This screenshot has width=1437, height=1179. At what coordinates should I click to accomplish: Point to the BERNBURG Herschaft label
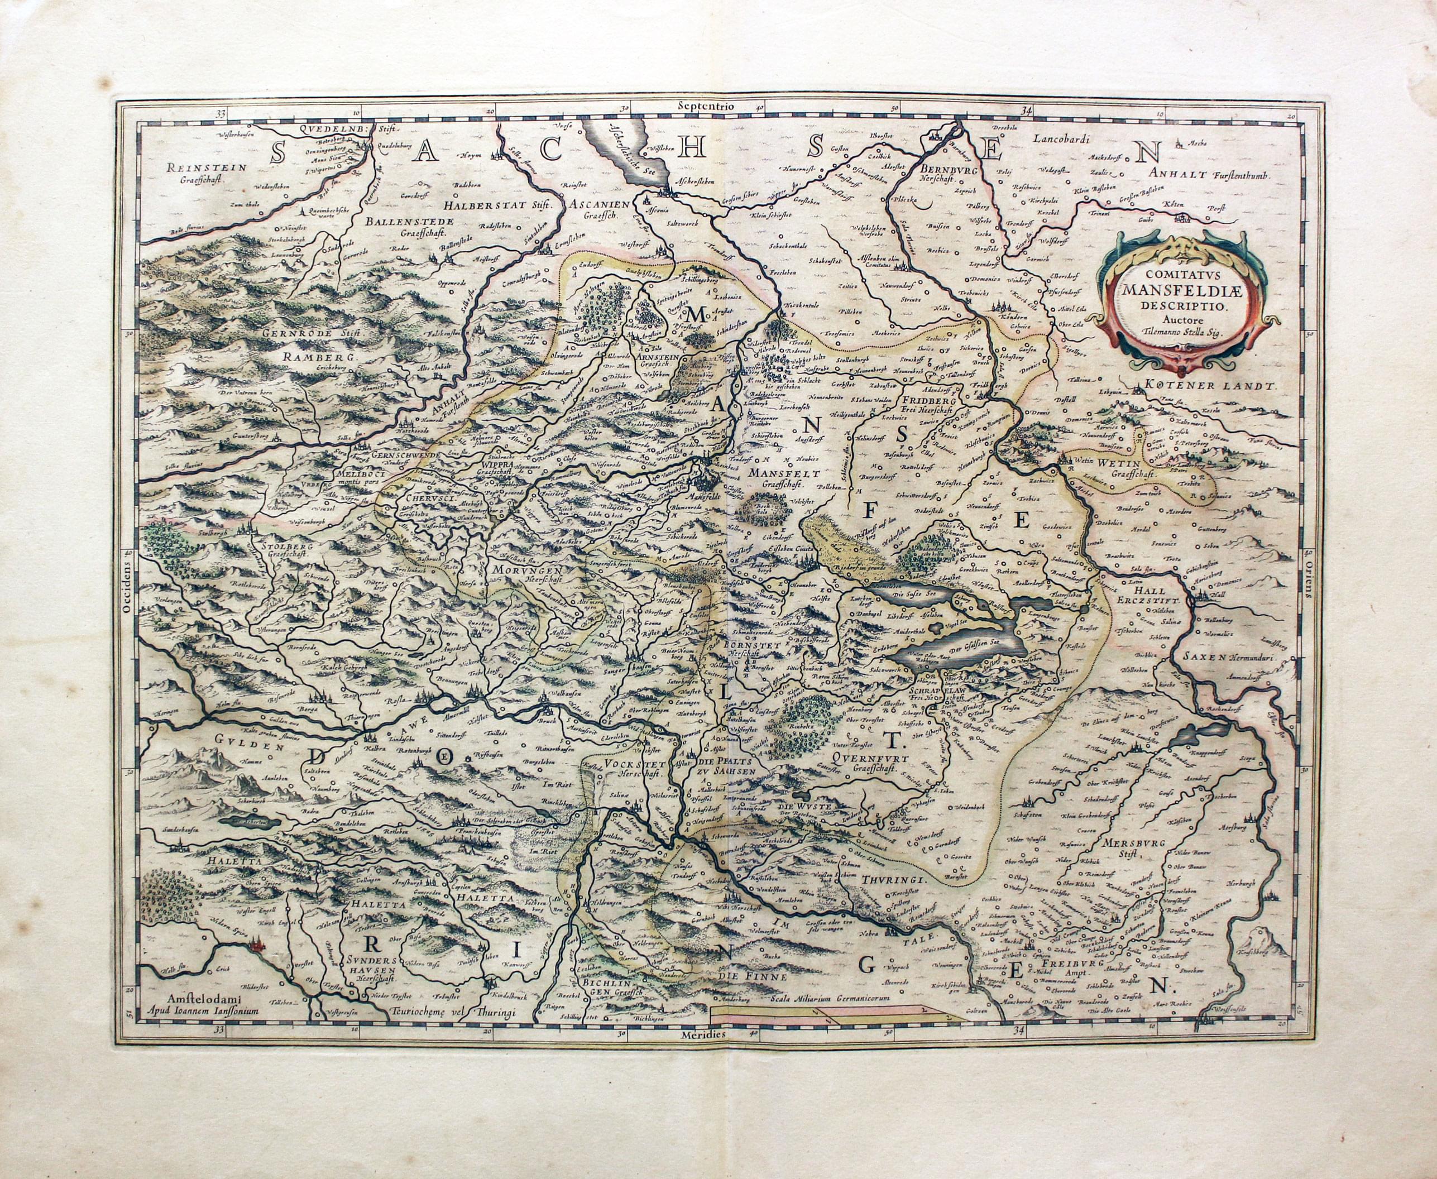pyautogui.click(x=944, y=175)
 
